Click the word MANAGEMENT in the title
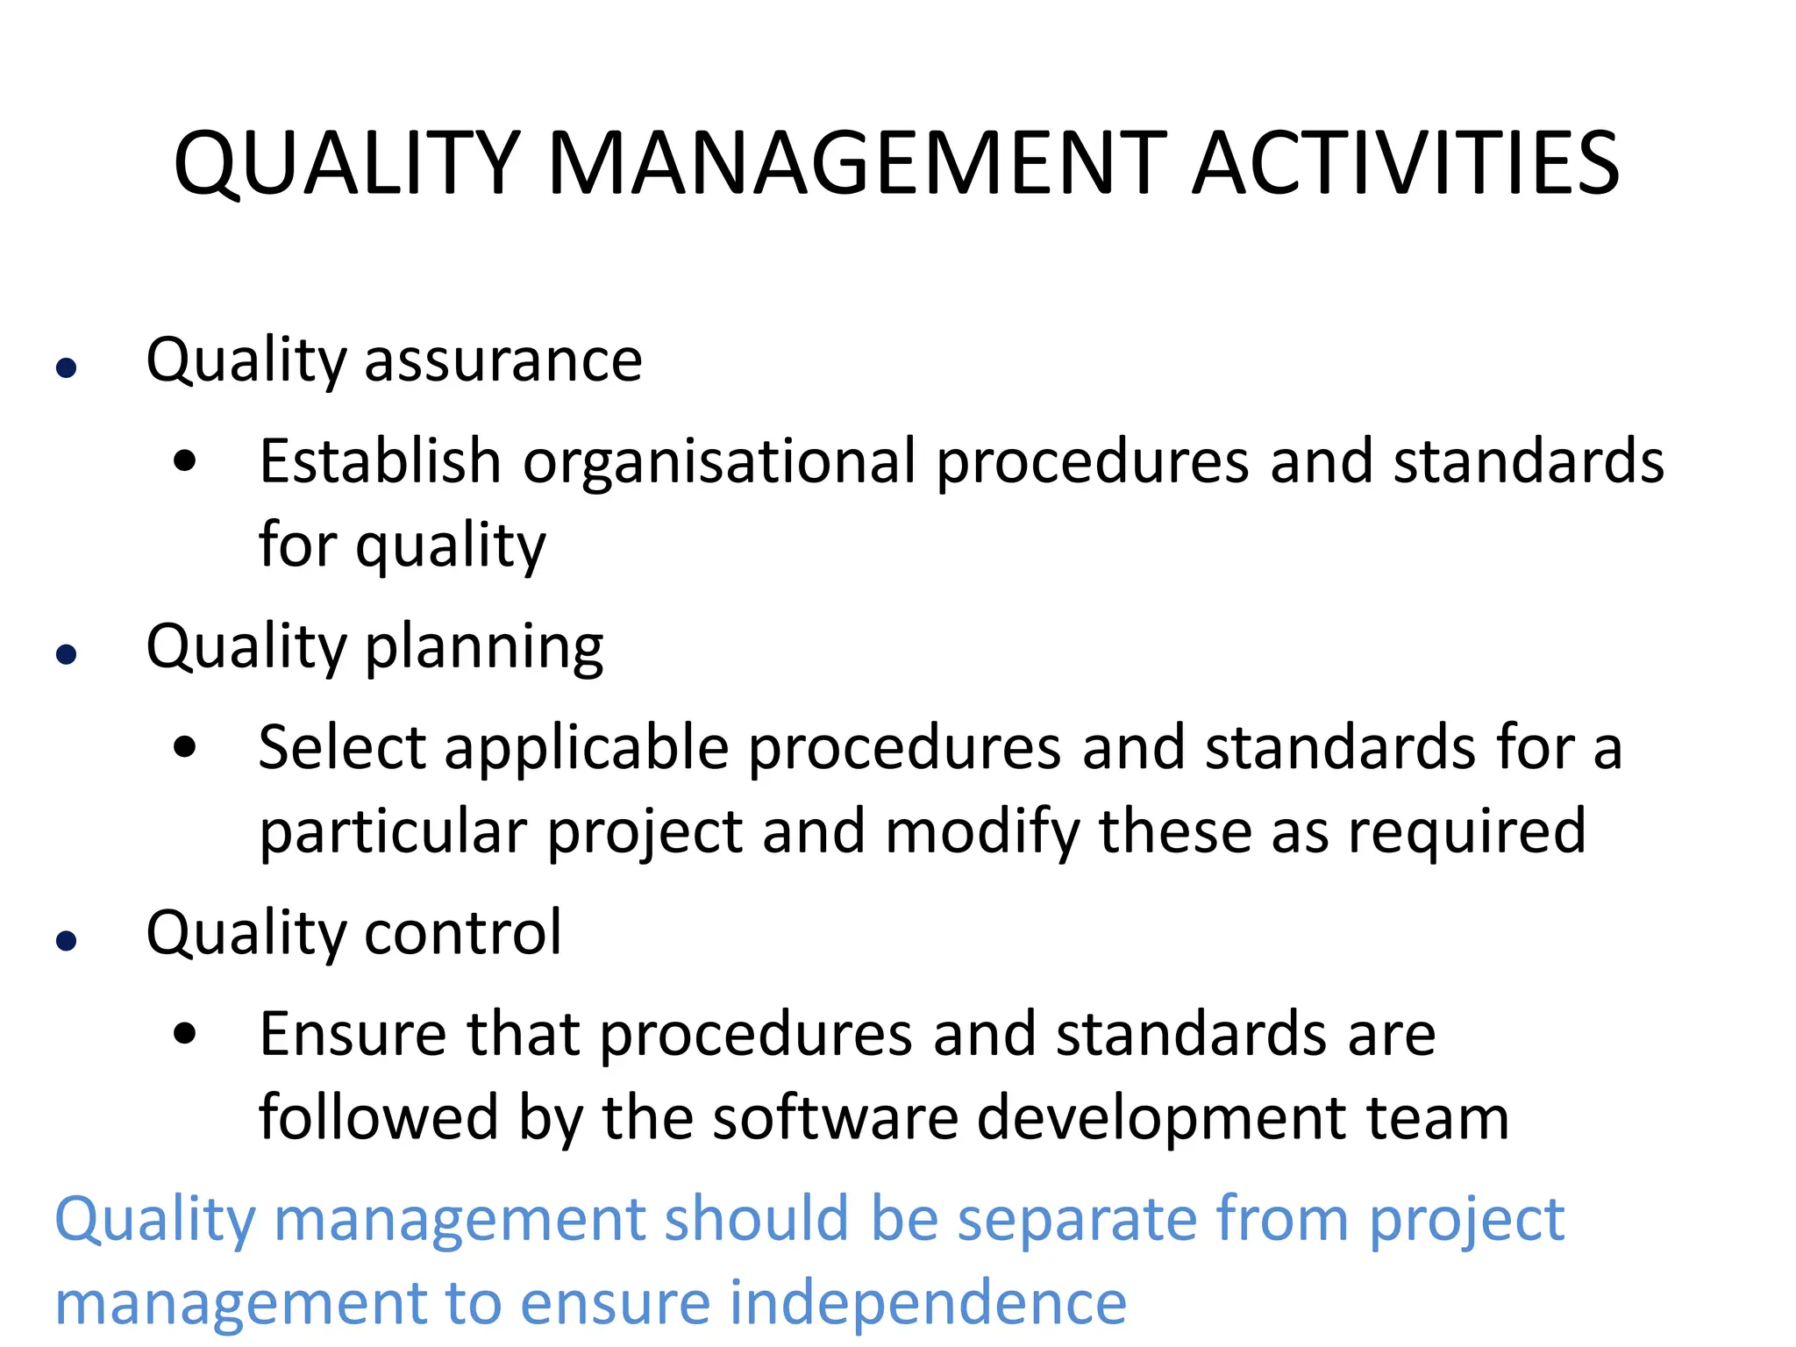click(x=857, y=164)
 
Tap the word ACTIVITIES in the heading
click(x=1406, y=164)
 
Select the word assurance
click(x=503, y=360)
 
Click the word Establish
click(x=380, y=461)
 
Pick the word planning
click(x=484, y=648)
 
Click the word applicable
click(x=587, y=749)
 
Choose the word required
click(x=1467, y=832)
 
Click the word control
click(x=463, y=932)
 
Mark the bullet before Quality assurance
click(x=67, y=367)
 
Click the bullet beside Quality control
click(x=67, y=941)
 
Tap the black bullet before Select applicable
click(x=185, y=747)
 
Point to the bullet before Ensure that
click(x=185, y=1033)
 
